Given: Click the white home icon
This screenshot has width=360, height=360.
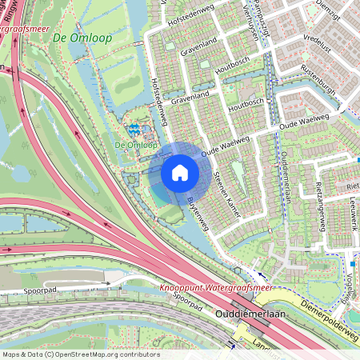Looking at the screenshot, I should (180, 172).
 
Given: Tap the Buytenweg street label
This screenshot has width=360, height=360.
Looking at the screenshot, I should (197, 209).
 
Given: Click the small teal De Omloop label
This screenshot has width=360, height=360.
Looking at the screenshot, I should (134, 145).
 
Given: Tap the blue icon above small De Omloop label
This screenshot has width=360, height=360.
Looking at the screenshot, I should (135, 128).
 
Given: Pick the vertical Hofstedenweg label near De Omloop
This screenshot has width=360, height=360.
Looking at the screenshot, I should (160, 102).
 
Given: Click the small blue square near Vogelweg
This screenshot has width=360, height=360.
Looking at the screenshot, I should (352, 263).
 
